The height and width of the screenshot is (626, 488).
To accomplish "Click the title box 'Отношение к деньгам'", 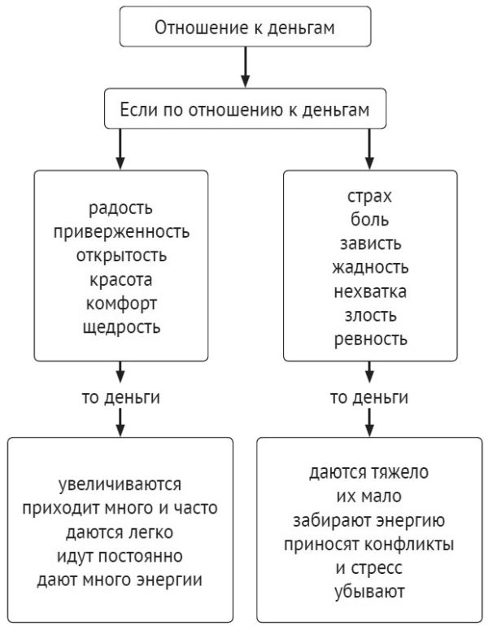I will click(245, 28).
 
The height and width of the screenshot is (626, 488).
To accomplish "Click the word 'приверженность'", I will click(120, 233).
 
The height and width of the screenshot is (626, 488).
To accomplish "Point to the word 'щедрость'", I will click(120, 327).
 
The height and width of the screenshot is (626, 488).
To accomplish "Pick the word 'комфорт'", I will click(120, 304).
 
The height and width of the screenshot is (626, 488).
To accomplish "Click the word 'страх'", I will click(369, 197).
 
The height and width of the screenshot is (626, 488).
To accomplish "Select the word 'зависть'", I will click(369, 243).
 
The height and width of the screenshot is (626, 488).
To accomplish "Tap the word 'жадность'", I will click(369, 267).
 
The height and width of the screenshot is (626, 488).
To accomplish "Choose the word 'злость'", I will click(369, 314).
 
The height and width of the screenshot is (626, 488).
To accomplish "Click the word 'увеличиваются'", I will click(120, 486).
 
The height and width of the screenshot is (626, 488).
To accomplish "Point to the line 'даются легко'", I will click(120, 533).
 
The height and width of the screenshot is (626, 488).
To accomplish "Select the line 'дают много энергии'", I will click(120, 580).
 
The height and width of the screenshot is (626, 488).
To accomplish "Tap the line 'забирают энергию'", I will click(370, 520).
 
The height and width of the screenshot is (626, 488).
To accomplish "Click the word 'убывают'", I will click(370, 591).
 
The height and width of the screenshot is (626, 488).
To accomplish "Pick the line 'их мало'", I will click(370, 497).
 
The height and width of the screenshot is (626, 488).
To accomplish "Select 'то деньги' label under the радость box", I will click(120, 398).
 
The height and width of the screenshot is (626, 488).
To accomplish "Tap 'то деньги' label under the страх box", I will click(369, 398).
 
